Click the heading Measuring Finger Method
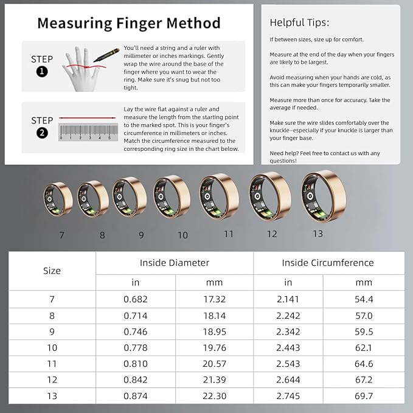tap(128, 23)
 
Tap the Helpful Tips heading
tap(299, 23)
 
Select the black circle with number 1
tap(42, 72)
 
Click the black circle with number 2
tap(42, 133)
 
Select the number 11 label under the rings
tap(228, 234)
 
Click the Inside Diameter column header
tap(175, 263)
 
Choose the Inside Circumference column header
tap(327, 263)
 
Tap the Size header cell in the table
tap(52, 271)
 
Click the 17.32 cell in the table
tap(214, 299)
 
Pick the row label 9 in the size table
tap(52, 331)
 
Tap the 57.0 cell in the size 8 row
tap(363, 315)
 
